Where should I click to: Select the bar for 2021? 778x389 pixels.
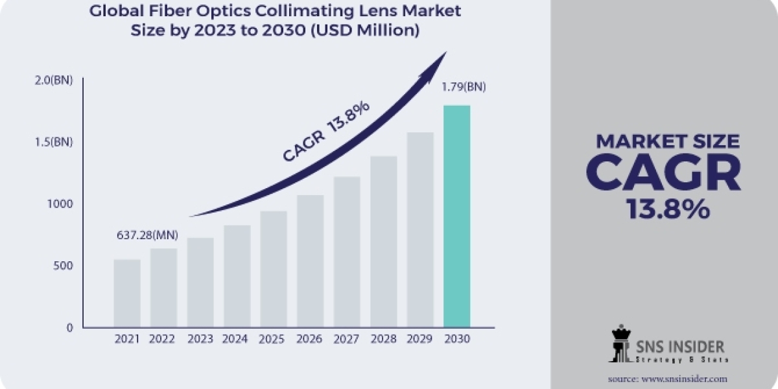[x=127, y=293]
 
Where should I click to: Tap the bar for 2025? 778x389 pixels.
[x=274, y=269]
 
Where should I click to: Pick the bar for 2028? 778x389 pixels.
[x=384, y=241]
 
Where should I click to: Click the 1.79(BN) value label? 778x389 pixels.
[x=464, y=86]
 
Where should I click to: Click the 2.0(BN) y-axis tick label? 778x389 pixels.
[x=54, y=80]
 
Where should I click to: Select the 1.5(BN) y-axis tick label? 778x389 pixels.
[x=54, y=142]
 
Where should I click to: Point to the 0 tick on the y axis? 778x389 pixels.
[x=69, y=327]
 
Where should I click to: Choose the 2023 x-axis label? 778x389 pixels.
[x=200, y=338]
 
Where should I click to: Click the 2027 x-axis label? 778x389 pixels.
[x=347, y=338]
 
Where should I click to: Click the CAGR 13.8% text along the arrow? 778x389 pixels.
[x=326, y=132]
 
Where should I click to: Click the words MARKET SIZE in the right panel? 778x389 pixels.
[x=668, y=141]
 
